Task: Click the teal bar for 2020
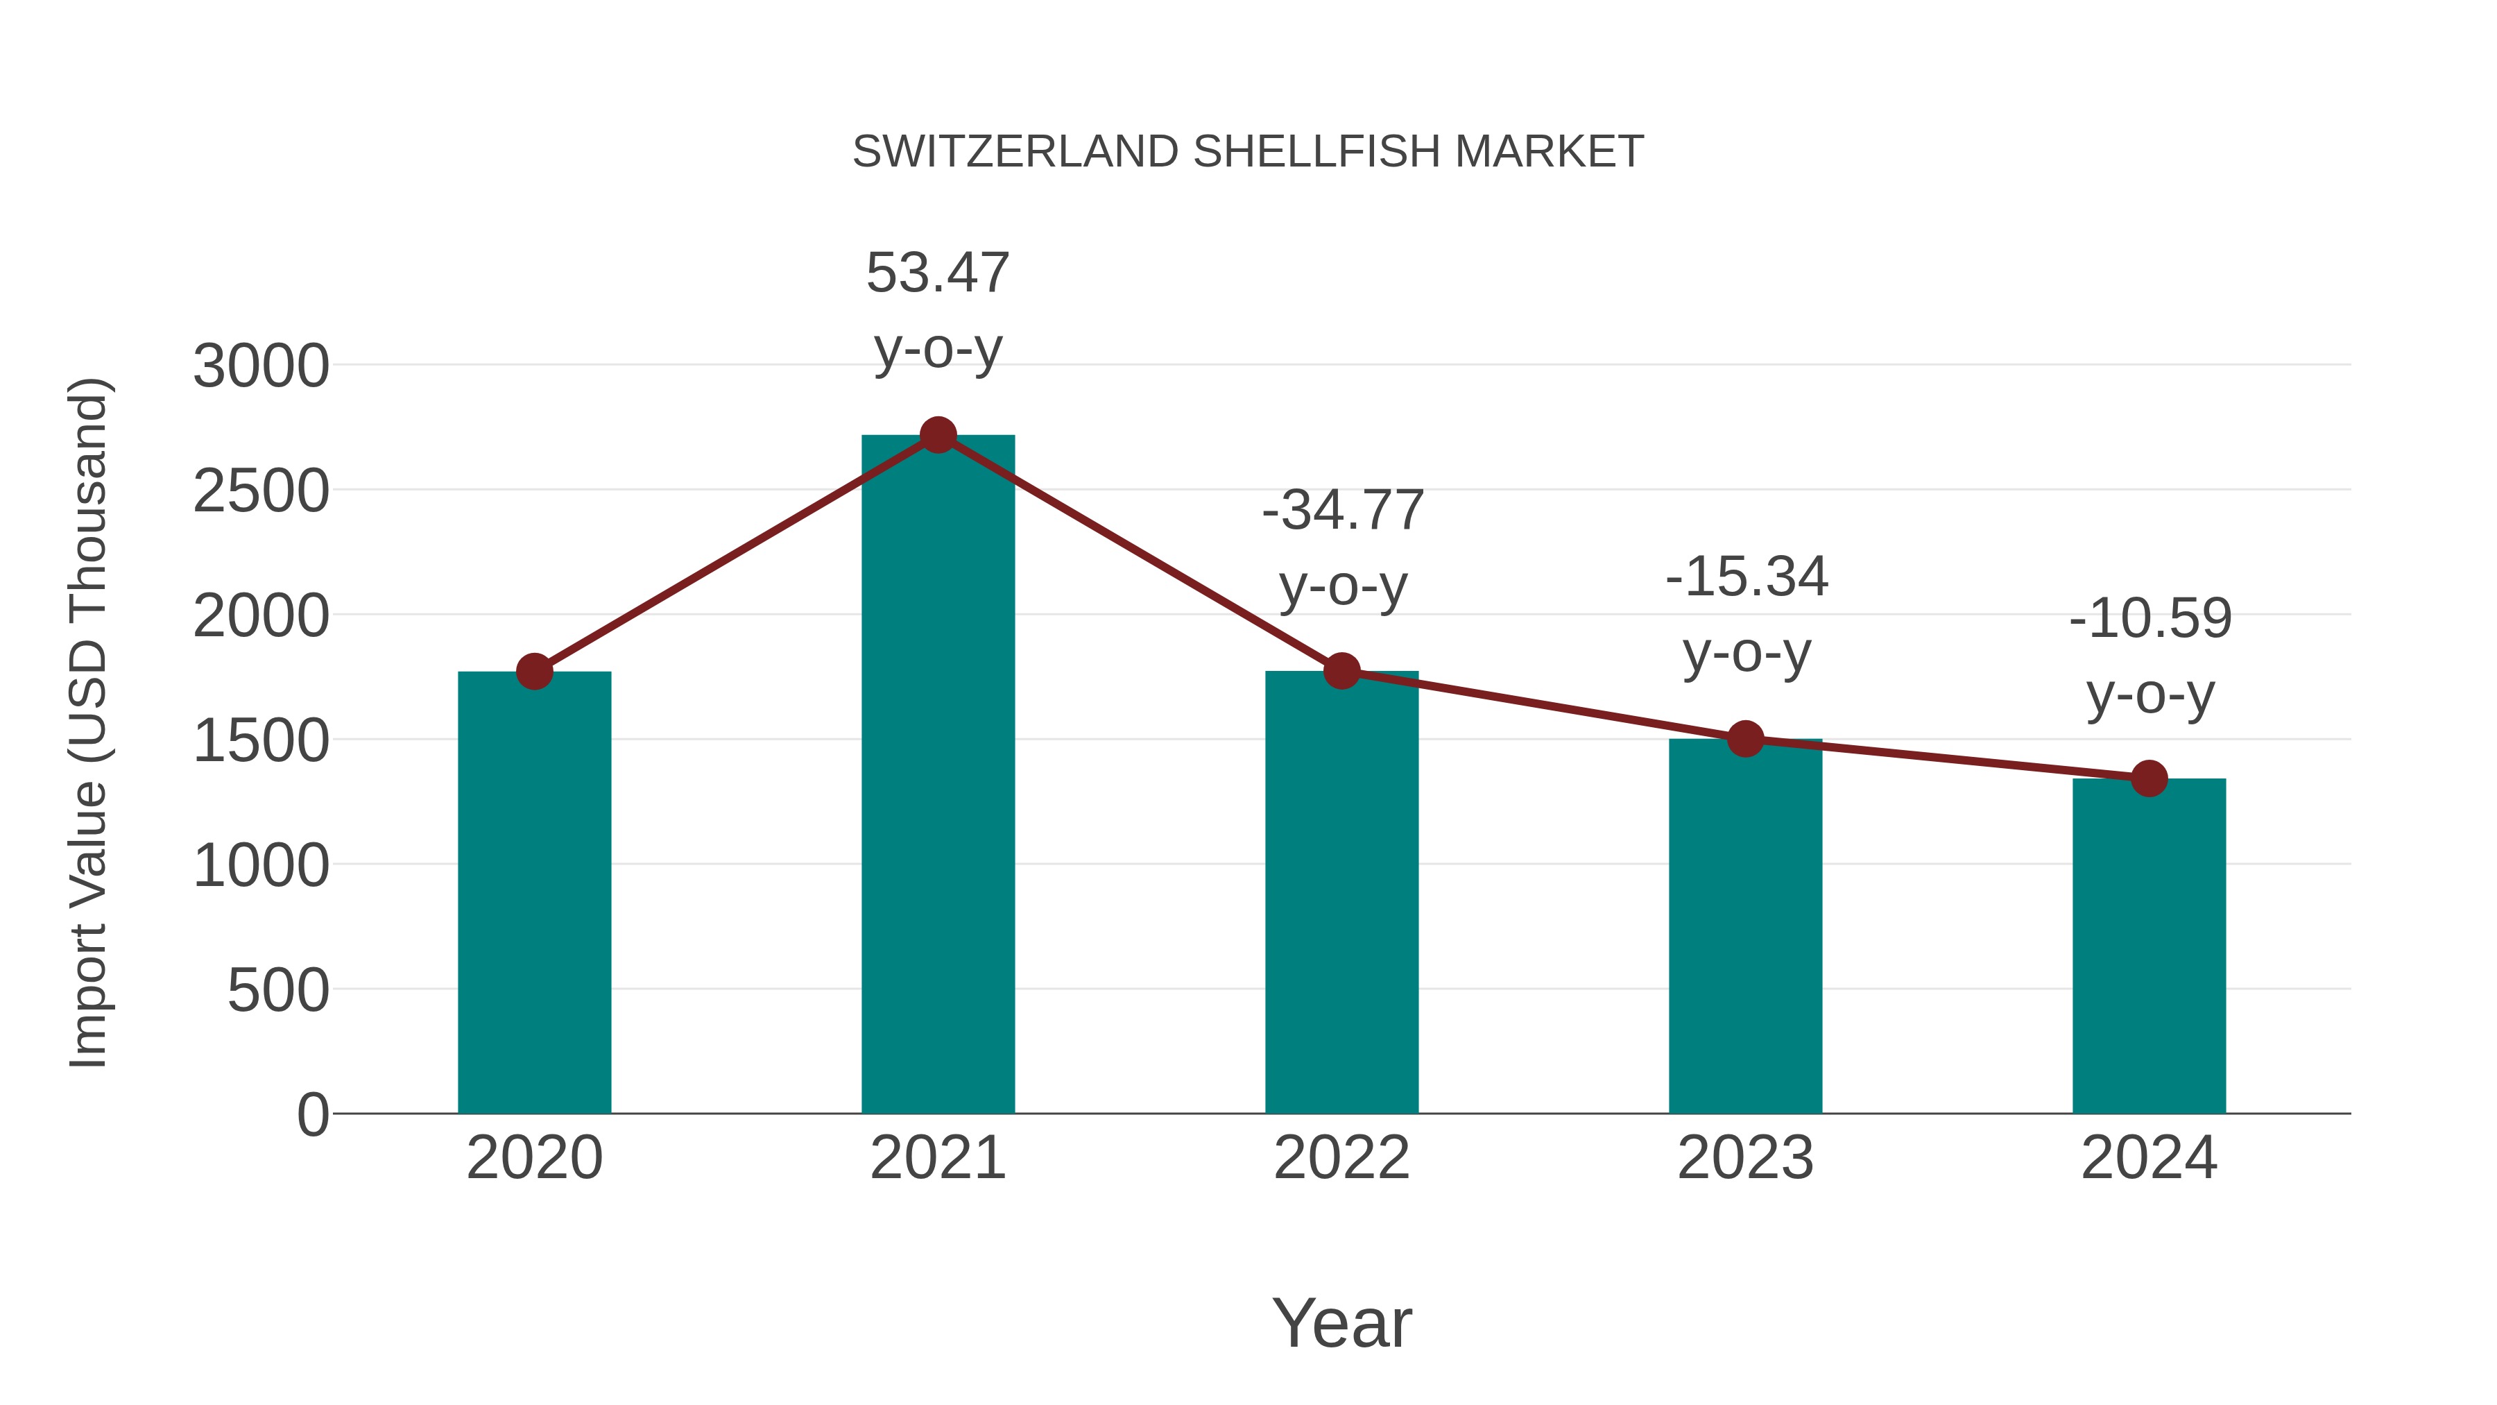(x=534, y=892)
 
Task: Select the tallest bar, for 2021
(x=937, y=776)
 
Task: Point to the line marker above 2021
(x=937, y=435)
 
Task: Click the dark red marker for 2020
(x=534, y=671)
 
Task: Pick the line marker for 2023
(x=1745, y=739)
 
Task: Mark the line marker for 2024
(x=2148, y=778)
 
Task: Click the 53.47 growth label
(x=937, y=273)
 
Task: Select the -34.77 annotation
(x=1341, y=511)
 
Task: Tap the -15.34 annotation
(x=1746, y=578)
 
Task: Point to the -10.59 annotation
(x=2149, y=620)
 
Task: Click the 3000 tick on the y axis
(x=261, y=368)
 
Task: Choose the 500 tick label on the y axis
(x=277, y=991)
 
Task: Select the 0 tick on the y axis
(x=312, y=1115)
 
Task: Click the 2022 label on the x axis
(x=1341, y=1158)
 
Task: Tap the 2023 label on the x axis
(x=1745, y=1158)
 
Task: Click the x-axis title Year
(x=1341, y=1324)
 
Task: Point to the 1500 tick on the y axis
(x=261, y=742)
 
